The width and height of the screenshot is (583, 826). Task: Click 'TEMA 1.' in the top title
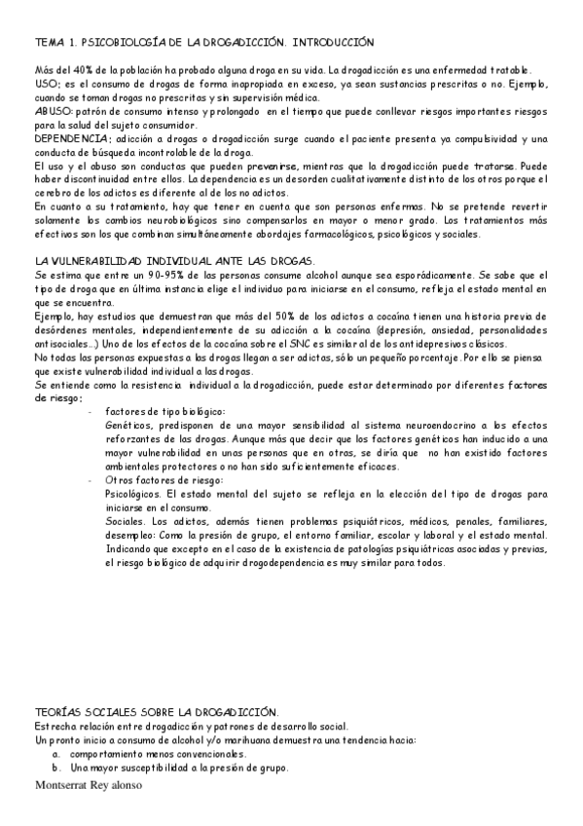pyautogui.click(x=55, y=44)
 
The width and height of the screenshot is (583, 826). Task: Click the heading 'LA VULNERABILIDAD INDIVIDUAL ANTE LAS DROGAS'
pyautogui.click(x=173, y=263)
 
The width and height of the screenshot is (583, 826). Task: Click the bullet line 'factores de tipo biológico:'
pyautogui.click(x=164, y=412)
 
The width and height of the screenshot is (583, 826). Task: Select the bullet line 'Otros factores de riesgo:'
pyautogui.click(x=163, y=480)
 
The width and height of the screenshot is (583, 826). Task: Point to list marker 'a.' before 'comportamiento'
pyautogui.click(x=57, y=754)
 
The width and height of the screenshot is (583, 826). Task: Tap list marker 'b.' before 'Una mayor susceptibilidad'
pyautogui.click(x=57, y=768)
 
